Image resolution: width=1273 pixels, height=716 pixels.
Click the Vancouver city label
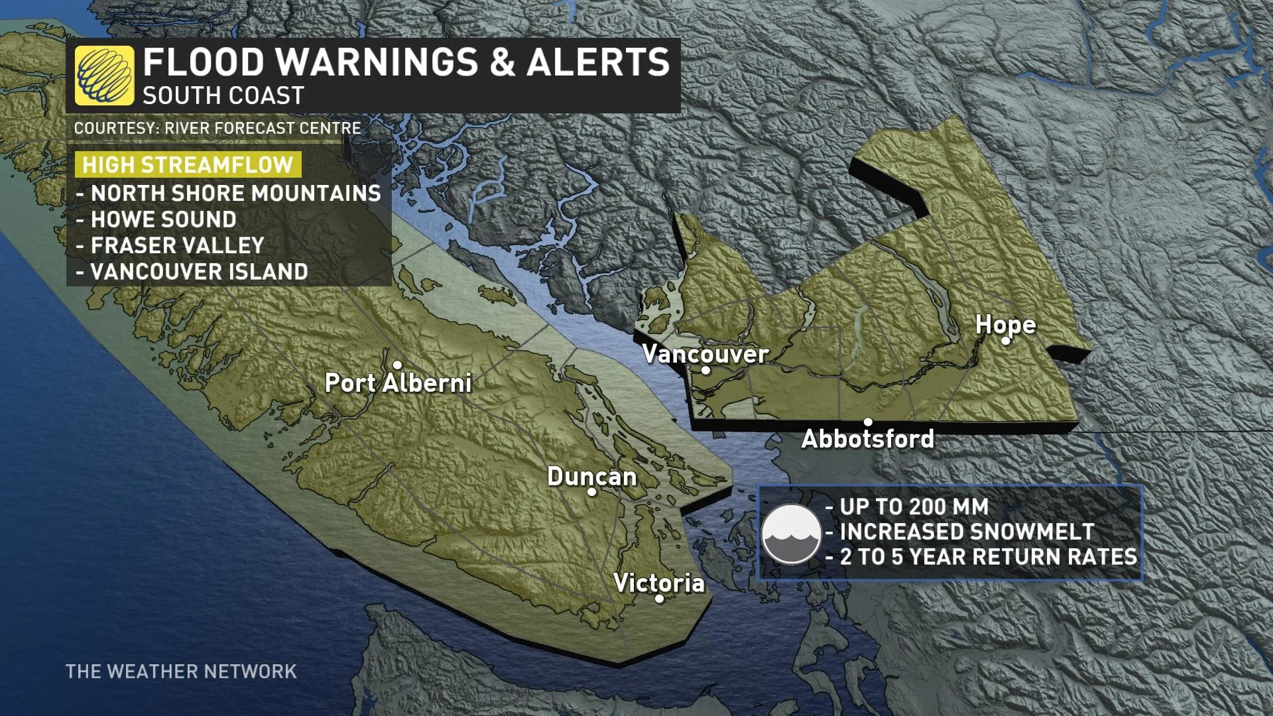pyautogui.click(x=705, y=354)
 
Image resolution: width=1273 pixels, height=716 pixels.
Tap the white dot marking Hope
pyautogui.click(x=1006, y=341)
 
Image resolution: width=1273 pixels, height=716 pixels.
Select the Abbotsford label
pyautogui.click(x=867, y=439)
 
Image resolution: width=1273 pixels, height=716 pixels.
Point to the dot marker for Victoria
pyautogui.click(x=659, y=599)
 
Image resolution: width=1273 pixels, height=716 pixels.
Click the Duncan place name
pyautogui.click(x=591, y=477)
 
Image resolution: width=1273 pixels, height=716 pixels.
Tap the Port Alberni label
pyautogui.click(x=398, y=383)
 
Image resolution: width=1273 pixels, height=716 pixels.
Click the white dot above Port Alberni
pyautogui.click(x=397, y=365)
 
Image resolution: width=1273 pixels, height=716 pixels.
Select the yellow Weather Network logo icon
pyautogui.click(x=104, y=76)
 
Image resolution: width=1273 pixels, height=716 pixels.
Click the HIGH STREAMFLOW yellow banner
pyautogui.click(x=188, y=164)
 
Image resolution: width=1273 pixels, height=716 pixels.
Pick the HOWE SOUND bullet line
pyautogui.click(x=163, y=219)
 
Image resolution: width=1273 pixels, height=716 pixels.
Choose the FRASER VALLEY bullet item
pyautogui.click(x=177, y=246)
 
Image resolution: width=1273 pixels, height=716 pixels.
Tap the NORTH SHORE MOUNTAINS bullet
pyautogui.click(x=235, y=194)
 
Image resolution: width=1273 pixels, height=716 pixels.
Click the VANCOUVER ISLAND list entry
pyautogui.click(x=199, y=272)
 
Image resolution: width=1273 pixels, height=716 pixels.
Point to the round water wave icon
pyautogui.click(x=791, y=534)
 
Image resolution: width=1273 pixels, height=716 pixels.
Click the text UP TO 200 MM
pyautogui.click(x=914, y=507)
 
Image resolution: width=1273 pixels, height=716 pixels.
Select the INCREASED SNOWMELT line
pyautogui.click(x=967, y=532)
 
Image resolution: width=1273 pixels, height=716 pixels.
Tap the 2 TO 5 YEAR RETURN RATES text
pyautogui.click(x=988, y=557)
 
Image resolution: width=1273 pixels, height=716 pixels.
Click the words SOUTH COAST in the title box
pyautogui.click(x=223, y=96)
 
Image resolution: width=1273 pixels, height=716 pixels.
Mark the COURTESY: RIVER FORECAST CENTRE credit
pyautogui.click(x=217, y=129)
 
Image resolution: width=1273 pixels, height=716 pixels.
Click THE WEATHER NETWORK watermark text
pyautogui.click(x=181, y=672)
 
